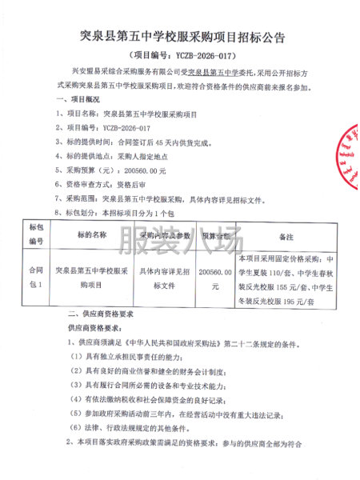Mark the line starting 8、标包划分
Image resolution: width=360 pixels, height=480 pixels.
120,212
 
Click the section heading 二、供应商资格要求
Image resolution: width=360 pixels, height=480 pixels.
105,315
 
